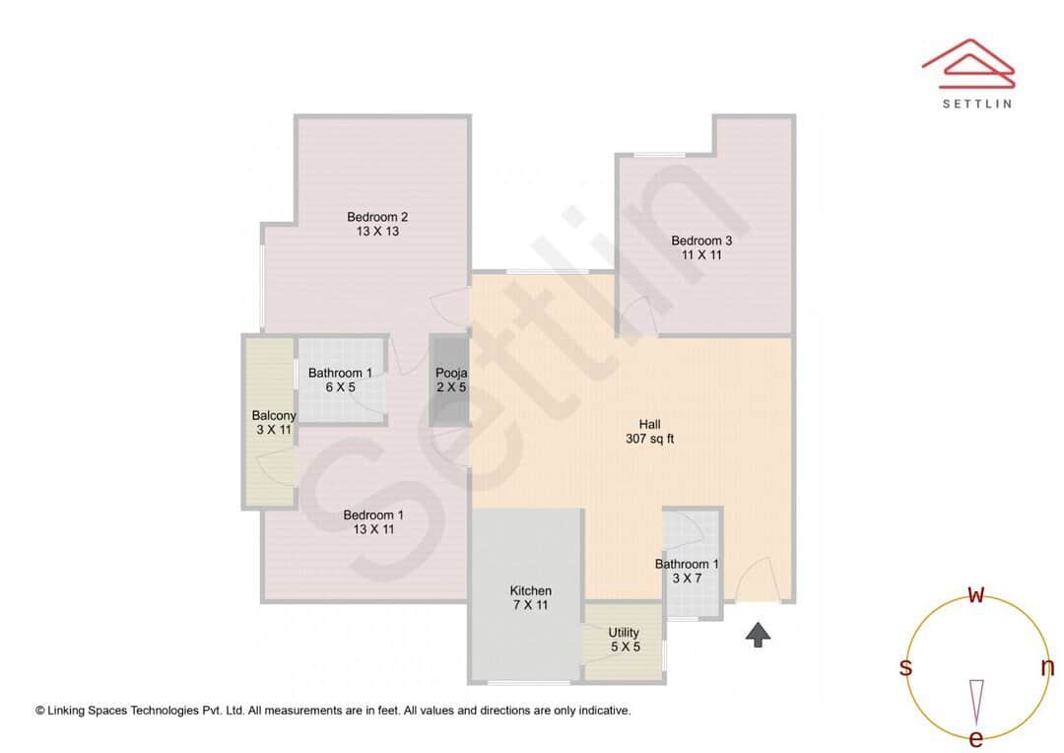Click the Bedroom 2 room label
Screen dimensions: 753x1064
point(377,217)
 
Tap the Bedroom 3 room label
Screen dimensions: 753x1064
point(701,240)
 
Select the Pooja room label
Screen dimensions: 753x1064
point(451,374)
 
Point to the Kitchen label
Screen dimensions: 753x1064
point(530,590)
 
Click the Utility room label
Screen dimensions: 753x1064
point(624,633)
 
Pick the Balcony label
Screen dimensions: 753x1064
point(274,416)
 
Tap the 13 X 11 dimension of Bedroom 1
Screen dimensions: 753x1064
point(373,529)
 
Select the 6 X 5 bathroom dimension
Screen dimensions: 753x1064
point(340,387)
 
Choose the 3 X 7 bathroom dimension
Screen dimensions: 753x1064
point(687,579)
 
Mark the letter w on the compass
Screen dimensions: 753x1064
point(976,594)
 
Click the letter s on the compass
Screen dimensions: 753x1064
point(905,667)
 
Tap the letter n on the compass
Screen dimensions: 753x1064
point(1047,667)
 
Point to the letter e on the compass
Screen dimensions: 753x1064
point(976,738)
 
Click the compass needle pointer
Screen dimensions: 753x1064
point(976,699)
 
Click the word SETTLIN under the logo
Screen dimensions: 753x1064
point(976,103)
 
